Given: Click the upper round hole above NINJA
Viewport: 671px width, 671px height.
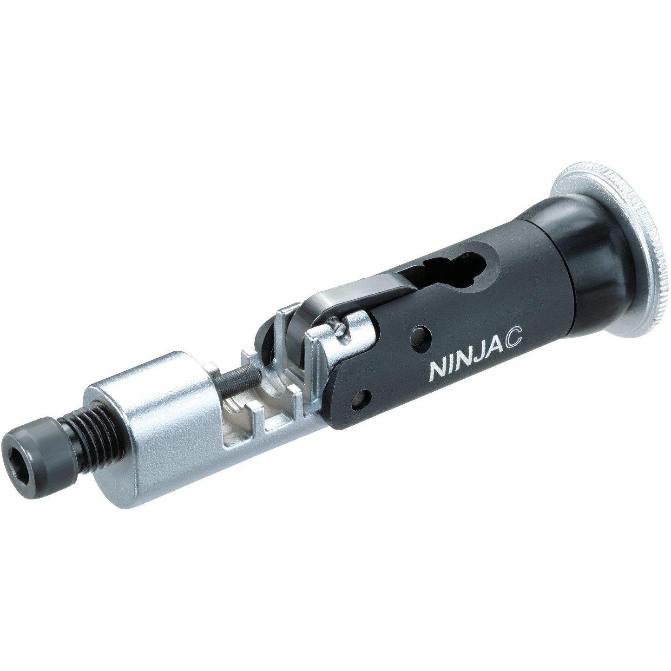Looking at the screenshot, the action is pos(421,335).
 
